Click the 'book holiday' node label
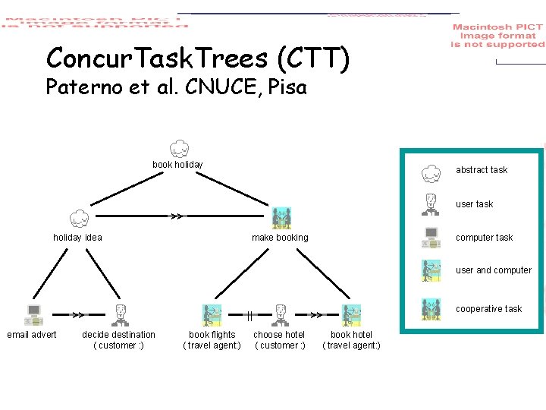[177, 165]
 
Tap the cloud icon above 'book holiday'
[178, 148]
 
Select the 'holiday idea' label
[77, 238]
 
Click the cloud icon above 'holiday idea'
[79, 219]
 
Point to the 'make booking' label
[280, 238]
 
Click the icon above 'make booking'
[281, 218]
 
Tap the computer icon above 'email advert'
[33, 315]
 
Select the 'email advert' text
[32, 335]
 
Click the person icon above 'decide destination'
[119, 315]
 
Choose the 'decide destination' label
[118, 335]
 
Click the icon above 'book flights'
[212, 315]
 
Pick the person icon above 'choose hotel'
[280, 315]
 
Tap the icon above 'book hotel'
[351, 315]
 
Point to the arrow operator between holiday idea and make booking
[176, 216]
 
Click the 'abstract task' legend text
[482, 170]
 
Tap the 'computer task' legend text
[484, 238]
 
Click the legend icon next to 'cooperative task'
[431, 309]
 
